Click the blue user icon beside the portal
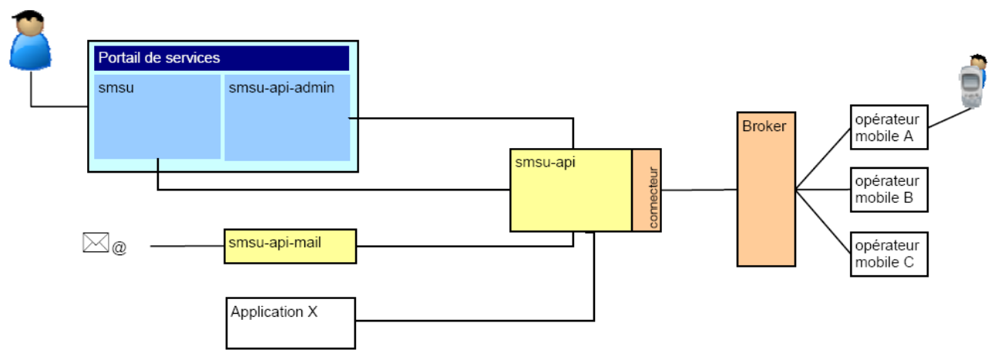(31, 41)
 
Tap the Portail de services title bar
(221, 59)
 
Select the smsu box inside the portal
(157, 116)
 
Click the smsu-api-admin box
(287, 116)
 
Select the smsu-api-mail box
(291, 246)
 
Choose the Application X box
(291, 322)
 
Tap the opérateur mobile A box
(888, 126)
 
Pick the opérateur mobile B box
(888, 190)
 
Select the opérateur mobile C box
(888, 253)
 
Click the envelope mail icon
(96, 243)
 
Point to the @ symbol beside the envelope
(119, 248)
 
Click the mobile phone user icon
(973, 80)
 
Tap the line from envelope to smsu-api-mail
(186, 246)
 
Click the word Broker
(764, 126)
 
